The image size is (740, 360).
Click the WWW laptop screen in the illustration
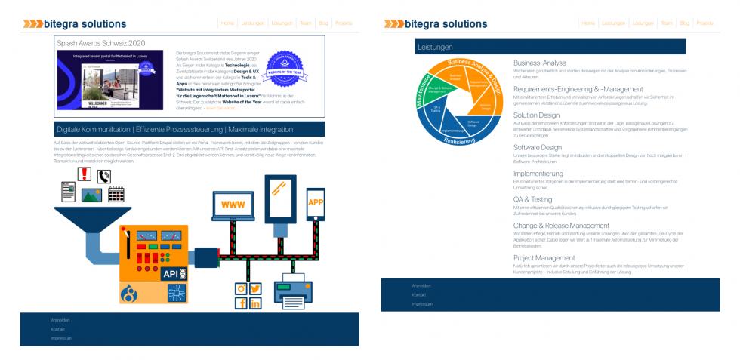click(233, 205)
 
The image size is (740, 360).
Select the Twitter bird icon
click(255, 288)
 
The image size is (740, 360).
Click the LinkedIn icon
click(255, 303)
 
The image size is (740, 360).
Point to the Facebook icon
click(242, 303)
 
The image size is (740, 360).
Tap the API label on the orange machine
click(171, 274)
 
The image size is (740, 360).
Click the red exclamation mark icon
click(85, 175)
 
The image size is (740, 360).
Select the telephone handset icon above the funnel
click(104, 177)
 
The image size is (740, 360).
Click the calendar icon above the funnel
click(116, 194)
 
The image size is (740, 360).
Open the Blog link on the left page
click(323, 23)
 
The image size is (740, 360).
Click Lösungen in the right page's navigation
click(643, 23)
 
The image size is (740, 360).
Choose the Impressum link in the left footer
click(61, 339)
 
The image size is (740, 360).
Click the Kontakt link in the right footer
click(419, 295)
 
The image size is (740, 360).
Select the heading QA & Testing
click(532, 200)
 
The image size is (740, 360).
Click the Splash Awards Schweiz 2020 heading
click(100, 43)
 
